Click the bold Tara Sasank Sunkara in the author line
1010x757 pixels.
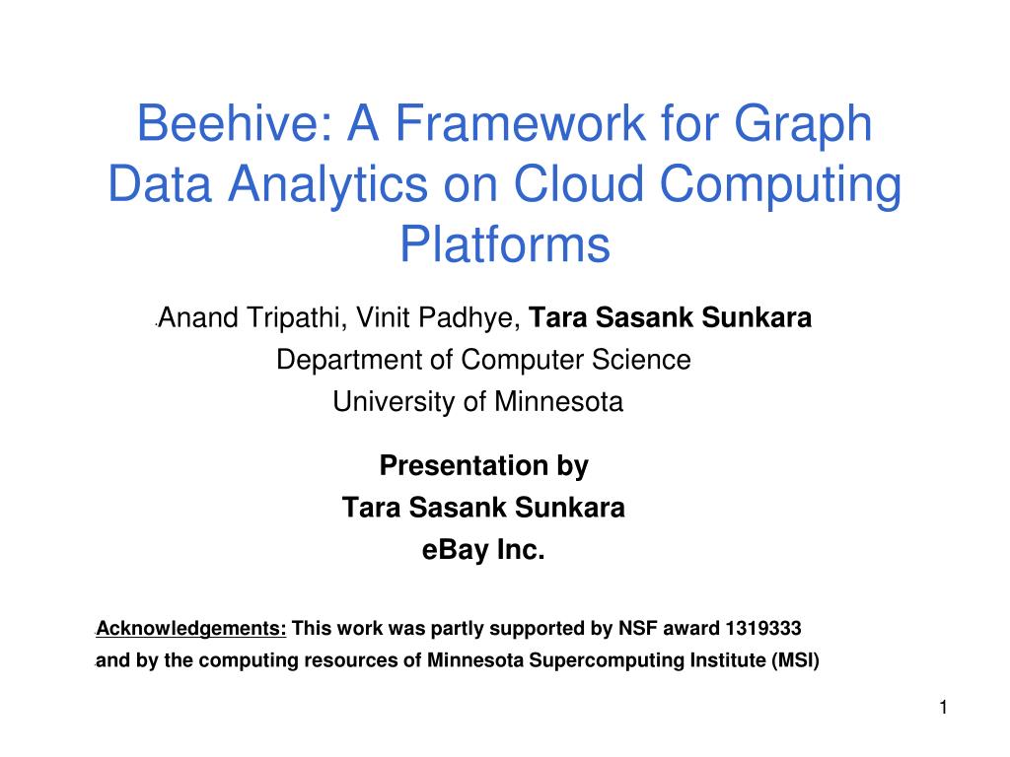pyautogui.click(x=671, y=318)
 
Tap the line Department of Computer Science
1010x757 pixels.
pyautogui.click(x=483, y=360)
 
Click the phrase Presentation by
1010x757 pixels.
pyautogui.click(x=483, y=465)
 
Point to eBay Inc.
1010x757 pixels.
pyautogui.click(x=483, y=550)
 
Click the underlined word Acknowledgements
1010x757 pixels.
pyautogui.click(x=190, y=629)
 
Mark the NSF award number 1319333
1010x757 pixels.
pyautogui.click(x=762, y=629)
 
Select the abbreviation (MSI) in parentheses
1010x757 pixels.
pyautogui.click(x=794, y=660)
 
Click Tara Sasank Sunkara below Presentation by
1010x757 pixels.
pyautogui.click(x=483, y=508)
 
